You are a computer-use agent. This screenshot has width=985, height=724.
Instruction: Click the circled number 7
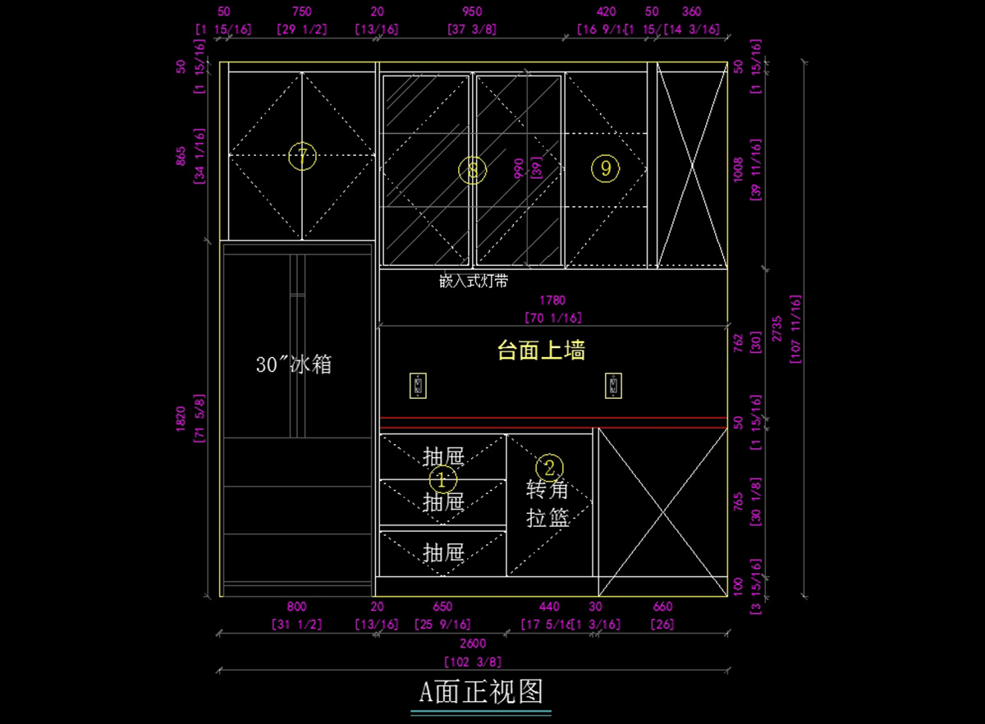click(x=302, y=156)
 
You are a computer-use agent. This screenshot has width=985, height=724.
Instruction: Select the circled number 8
click(x=473, y=170)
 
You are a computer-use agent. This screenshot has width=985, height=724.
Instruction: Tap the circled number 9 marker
click(x=605, y=168)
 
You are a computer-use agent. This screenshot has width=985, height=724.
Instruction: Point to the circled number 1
click(x=442, y=479)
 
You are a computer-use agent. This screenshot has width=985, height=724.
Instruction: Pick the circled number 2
click(x=549, y=468)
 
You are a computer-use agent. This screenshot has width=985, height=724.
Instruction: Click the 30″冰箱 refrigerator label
click(x=294, y=364)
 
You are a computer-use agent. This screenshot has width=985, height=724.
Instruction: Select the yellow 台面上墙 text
click(x=541, y=351)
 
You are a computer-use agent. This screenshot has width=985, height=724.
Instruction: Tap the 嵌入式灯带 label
click(x=474, y=282)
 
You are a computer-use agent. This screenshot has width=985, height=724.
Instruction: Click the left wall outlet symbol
click(x=419, y=385)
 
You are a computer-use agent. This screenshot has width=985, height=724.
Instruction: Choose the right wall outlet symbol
click(x=613, y=385)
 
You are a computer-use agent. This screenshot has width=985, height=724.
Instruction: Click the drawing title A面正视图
click(x=481, y=691)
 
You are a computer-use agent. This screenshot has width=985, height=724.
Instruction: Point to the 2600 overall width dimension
click(x=472, y=644)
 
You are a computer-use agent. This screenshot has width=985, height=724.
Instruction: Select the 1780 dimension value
click(x=552, y=301)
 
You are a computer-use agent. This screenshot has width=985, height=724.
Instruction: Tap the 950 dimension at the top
click(x=472, y=11)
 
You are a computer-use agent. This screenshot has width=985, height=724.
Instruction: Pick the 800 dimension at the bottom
click(x=296, y=607)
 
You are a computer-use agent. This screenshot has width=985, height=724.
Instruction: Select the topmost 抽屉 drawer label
click(x=443, y=456)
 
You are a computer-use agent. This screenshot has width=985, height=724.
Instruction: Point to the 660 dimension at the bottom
click(x=662, y=607)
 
